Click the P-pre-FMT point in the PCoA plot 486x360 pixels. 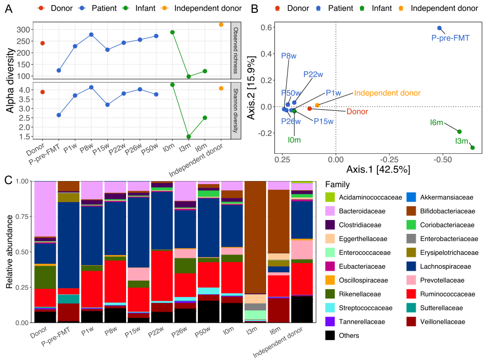(439, 28)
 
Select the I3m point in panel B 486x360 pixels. (472, 148)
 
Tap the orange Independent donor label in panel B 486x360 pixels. (387, 93)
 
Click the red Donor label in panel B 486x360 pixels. (357, 111)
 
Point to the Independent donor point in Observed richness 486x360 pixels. (221, 25)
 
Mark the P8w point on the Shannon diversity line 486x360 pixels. (91, 88)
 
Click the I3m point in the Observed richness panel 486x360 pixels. (189, 76)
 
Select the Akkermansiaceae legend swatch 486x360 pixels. (411, 197)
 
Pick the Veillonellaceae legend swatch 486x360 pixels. (411, 322)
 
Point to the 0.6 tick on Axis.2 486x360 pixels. (269, 27)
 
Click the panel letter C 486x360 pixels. (8, 180)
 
